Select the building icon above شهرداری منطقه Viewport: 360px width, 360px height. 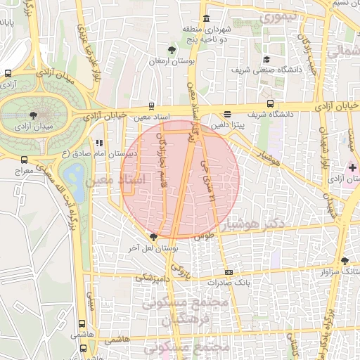pyautogui.click(x=205, y=18)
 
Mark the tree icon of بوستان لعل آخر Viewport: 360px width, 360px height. pyautogui.click(x=153, y=237)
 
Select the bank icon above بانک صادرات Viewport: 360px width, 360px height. pyautogui.click(x=229, y=272)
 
